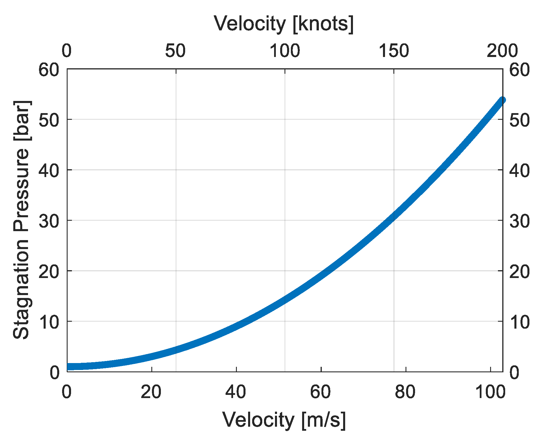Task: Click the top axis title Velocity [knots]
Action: click(284, 24)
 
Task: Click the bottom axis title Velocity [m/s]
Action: click(284, 420)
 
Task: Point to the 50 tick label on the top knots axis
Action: click(175, 51)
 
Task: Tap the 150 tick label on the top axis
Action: click(394, 51)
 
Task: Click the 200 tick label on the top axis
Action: click(502, 51)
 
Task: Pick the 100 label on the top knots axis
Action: click(285, 51)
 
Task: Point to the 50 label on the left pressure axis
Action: click(49, 120)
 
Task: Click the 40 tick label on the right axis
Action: click(519, 171)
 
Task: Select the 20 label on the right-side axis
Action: click(519, 272)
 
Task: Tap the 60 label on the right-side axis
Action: click(519, 70)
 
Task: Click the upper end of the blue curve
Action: click(502, 100)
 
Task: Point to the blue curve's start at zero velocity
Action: click(68, 367)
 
